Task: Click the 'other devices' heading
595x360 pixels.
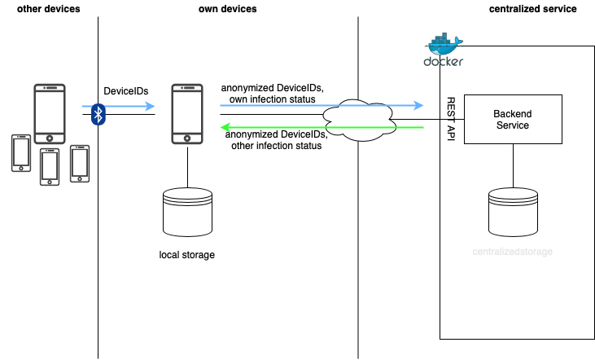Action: coord(48,9)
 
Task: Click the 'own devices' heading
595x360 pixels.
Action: coord(228,9)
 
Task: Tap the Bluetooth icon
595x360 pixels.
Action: coord(98,114)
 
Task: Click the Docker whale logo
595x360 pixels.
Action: coord(444,49)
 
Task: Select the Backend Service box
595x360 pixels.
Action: coord(513,120)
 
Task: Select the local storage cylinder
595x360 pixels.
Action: coord(188,209)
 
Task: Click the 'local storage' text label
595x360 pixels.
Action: coord(187,255)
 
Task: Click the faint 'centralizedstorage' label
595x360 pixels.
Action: coord(512,252)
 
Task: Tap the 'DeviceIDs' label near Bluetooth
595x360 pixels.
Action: coord(126,92)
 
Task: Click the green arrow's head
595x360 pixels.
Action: coord(225,128)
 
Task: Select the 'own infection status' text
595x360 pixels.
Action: coord(273,99)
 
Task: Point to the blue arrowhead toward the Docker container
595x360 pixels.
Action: coord(418,105)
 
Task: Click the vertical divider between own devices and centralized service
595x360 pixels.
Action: coord(358,244)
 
